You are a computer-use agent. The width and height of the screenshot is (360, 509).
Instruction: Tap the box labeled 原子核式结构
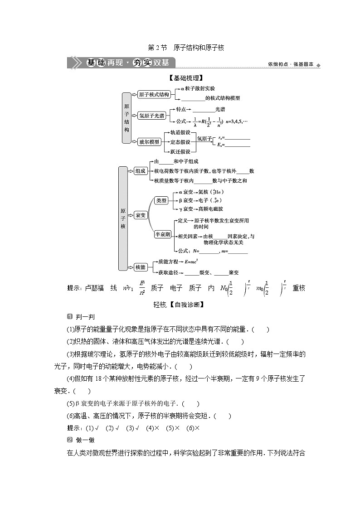[154, 94]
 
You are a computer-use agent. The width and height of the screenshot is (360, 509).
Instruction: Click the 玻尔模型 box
[150, 141]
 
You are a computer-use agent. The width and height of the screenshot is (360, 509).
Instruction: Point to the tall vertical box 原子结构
[126, 118]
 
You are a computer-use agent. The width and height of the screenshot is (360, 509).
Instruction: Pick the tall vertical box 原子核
[123, 218]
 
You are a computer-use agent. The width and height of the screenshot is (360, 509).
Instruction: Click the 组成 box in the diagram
[141, 171]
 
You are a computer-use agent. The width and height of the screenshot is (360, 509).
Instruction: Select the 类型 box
[161, 200]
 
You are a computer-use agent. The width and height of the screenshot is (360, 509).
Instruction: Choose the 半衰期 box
[162, 234]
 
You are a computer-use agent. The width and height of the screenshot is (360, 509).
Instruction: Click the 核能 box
[141, 267]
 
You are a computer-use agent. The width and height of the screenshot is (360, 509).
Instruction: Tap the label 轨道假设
[180, 132]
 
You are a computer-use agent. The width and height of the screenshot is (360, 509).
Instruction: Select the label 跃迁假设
[180, 151]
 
